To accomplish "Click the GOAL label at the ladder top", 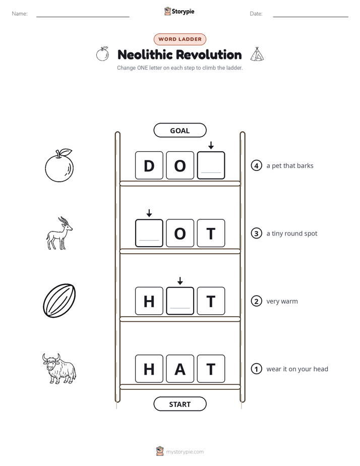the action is coord(179,130).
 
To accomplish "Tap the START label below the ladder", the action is coord(179,404).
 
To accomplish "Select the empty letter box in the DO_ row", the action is coord(211,165).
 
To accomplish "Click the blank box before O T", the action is coord(149,233).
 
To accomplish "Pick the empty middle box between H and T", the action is coord(180,301).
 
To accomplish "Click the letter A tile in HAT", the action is coord(180,369).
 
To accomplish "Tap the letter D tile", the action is coord(149,165).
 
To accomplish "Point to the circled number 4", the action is coord(256,165).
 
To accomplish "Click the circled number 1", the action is coord(256,369).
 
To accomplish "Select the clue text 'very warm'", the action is coord(282,301).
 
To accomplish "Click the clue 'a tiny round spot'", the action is coord(292,234).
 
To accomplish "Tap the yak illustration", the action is coord(59,369).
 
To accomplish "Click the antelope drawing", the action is coord(59,233).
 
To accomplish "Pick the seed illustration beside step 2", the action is coord(59,301).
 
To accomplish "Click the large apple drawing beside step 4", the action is coord(59,165).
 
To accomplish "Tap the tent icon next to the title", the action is coord(257,54).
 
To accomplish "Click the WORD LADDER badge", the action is coord(179,39).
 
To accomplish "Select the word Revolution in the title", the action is coord(211,54).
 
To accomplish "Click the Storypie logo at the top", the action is coord(179,11).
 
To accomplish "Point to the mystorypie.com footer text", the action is coord(185,452).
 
